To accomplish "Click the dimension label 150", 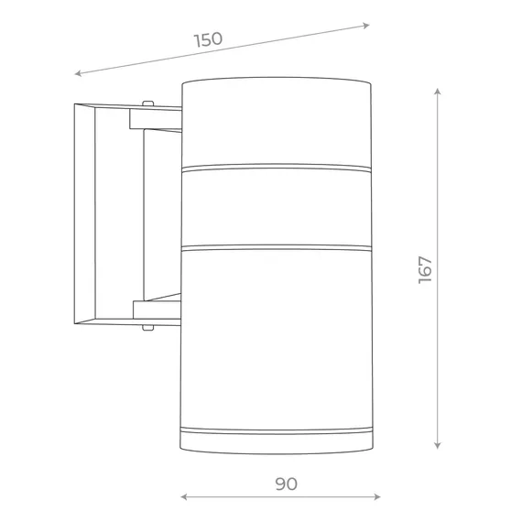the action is click(208, 39).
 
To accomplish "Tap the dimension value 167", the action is click(425, 270).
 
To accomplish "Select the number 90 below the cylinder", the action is click(287, 484).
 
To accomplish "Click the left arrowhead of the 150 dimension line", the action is click(78, 73).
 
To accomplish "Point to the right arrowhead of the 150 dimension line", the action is click(366, 26).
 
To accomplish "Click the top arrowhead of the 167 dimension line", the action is click(438, 92).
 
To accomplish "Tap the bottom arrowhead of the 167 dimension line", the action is click(438, 445).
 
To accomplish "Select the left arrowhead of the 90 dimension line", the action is click(184, 497).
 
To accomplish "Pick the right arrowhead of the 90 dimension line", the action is click(377, 497).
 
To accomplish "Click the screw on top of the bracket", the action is click(147, 103).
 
